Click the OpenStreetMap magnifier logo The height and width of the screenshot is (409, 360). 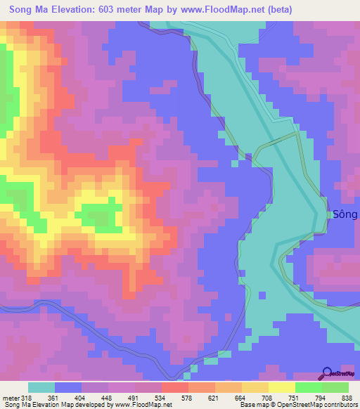pos(327,374)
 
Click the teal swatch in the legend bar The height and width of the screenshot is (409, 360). pos(41,388)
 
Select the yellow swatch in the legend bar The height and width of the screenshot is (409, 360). pos(281,388)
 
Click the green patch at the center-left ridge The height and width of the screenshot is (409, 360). pos(98,216)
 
